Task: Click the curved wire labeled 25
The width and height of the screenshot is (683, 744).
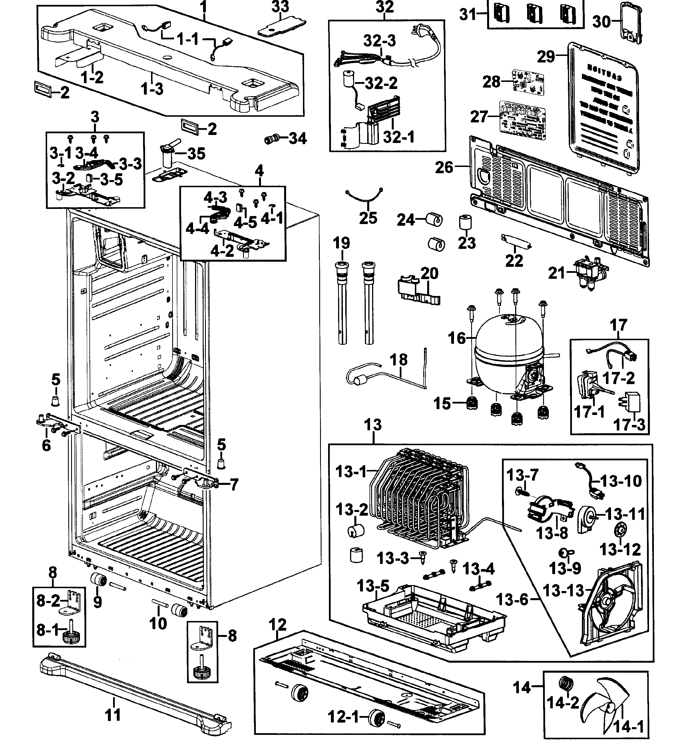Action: point(364,198)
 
